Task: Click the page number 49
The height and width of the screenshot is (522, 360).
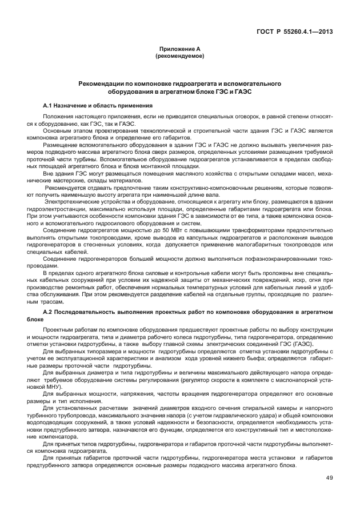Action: (329, 478)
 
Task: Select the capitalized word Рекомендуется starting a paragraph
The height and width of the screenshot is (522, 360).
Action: (67, 188)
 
